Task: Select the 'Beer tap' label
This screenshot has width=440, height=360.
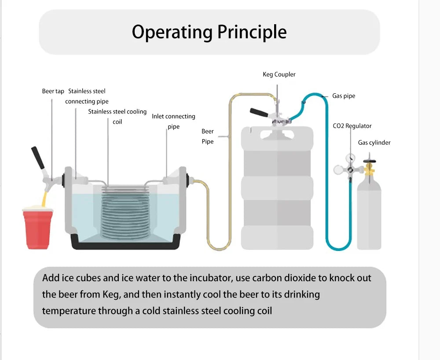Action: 53,92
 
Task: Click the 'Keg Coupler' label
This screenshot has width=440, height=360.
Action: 279,74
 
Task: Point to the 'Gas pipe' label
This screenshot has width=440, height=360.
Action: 344,96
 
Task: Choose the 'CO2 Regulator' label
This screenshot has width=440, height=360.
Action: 352,126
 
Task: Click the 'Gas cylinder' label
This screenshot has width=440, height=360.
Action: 374,143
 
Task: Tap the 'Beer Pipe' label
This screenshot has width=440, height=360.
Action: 208,136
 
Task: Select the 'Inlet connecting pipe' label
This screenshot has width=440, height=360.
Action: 173,121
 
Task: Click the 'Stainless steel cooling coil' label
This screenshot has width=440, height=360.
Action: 117,117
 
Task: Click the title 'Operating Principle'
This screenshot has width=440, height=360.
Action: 209,32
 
